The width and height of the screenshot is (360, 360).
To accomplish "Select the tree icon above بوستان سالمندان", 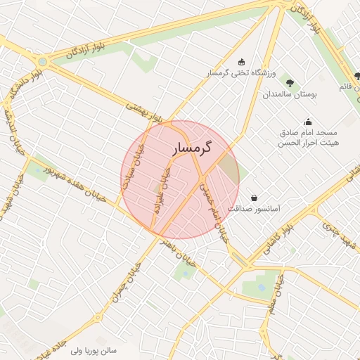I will tap(290, 84).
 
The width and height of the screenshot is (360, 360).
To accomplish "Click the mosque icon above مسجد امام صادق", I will tap(307, 122).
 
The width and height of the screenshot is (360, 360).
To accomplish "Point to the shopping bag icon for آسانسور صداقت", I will tap(253, 198).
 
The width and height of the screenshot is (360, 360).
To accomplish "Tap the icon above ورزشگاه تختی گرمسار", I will tap(243, 61).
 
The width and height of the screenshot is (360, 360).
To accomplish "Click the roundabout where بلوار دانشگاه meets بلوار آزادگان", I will tap(44, 62).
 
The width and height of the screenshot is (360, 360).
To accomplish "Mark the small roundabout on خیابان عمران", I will tap(98, 318).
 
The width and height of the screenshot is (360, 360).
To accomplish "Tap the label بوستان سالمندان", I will tap(290, 94).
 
